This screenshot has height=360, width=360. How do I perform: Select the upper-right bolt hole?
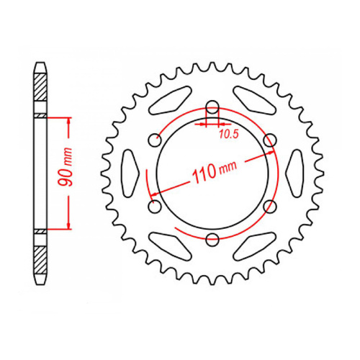click(270, 140)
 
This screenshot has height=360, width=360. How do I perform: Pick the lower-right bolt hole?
click(270, 207)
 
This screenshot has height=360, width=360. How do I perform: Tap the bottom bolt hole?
click(211, 240)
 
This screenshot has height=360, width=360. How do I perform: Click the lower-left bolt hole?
click(153, 207)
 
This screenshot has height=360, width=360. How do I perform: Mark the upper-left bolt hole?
click(153, 140)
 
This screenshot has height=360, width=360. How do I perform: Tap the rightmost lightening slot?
click(293, 173)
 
